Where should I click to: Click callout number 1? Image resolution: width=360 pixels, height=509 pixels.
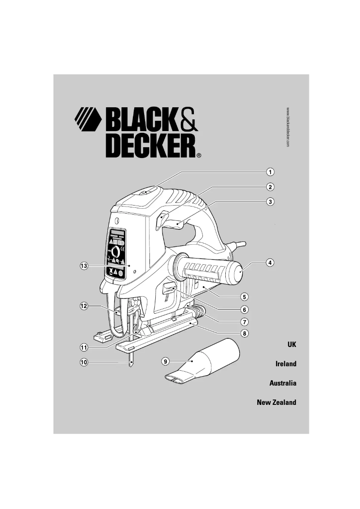click(x=270, y=172)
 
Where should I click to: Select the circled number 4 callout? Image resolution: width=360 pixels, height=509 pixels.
click(x=269, y=263)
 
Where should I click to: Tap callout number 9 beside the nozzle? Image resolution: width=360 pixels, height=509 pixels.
click(x=166, y=361)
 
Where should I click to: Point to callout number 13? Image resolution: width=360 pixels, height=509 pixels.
click(x=83, y=266)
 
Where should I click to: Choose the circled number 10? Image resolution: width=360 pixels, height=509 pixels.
click(x=83, y=362)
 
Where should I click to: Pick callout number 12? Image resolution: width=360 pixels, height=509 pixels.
click(x=83, y=306)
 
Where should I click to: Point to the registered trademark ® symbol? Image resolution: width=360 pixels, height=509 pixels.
click(x=199, y=156)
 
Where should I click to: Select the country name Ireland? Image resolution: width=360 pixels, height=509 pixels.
click(x=286, y=364)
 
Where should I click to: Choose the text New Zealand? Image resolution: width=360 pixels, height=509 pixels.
click(x=277, y=403)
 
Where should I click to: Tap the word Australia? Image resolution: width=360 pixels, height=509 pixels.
click(x=283, y=384)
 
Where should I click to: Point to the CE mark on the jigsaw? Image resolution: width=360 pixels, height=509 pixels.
click(x=123, y=248)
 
